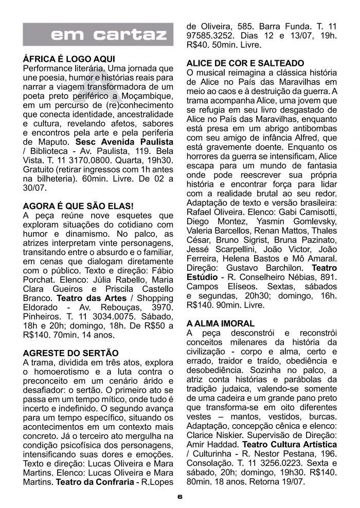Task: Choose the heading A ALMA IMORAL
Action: pyautogui.click(x=221, y=324)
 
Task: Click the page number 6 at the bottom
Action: pyautogui.click(x=179, y=498)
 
